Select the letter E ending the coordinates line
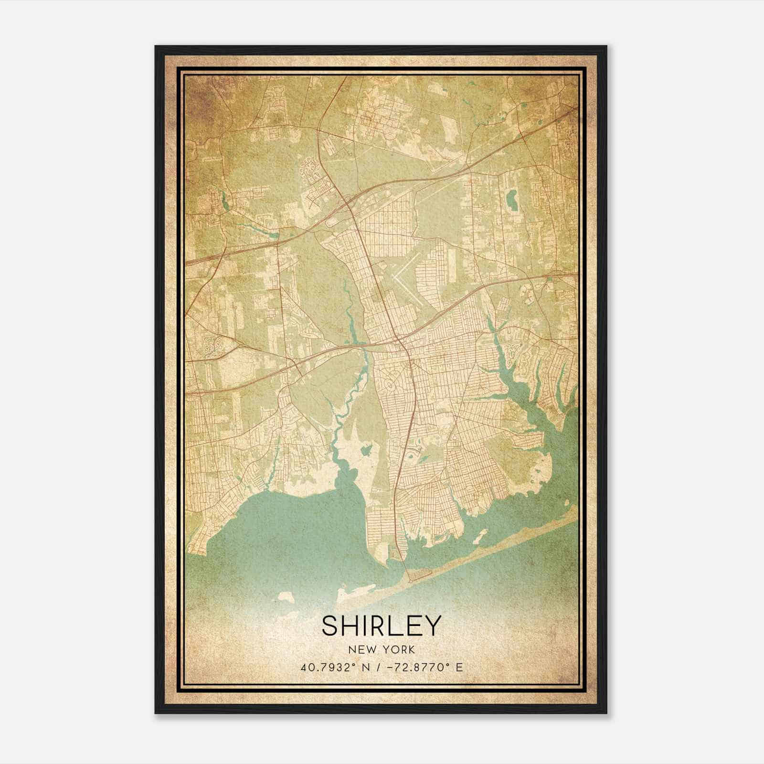(459, 668)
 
